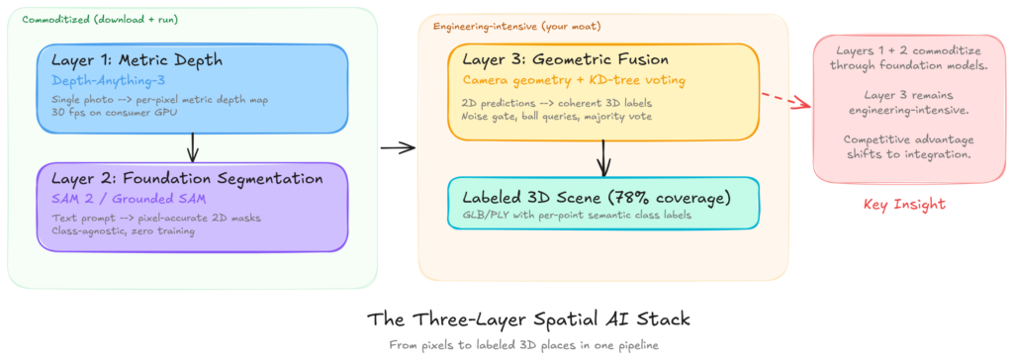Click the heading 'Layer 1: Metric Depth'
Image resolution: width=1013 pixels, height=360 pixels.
[137, 60]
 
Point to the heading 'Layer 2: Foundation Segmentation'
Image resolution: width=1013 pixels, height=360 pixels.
[187, 178]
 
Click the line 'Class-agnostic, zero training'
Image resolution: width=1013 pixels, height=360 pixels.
[123, 230]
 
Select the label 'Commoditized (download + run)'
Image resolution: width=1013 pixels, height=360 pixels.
[100, 20]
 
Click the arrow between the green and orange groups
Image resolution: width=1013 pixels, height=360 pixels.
[398, 148]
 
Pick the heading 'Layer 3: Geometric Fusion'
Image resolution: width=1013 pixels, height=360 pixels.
[565, 59]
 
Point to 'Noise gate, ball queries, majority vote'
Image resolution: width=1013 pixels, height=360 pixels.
[556, 116]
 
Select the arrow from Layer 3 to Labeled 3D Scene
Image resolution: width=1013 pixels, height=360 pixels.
[603, 157]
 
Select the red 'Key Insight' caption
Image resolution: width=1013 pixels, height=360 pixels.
[904, 205]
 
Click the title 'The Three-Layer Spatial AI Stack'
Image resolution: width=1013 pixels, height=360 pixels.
[528, 319]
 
